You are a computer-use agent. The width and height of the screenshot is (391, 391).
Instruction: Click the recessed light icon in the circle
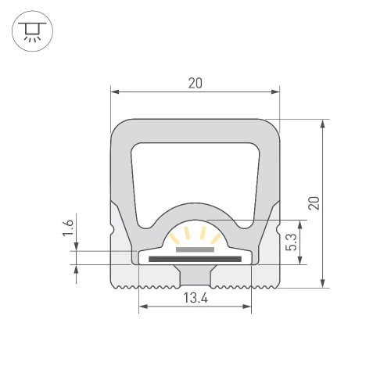pyautogui.click(x=32, y=32)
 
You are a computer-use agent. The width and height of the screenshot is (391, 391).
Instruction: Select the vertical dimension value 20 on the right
pyautogui.click(x=314, y=203)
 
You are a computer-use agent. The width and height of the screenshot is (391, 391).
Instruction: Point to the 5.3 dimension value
pyautogui.click(x=290, y=241)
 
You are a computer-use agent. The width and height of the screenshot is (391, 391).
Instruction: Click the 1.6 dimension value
pyautogui.click(x=68, y=229)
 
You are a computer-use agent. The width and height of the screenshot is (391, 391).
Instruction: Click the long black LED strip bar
pyautogui.click(x=195, y=257)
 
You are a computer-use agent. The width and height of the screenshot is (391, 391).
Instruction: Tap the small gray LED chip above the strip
pyautogui.click(x=195, y=249)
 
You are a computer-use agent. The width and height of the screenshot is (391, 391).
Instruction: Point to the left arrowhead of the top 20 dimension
pyautogui.click(x=114, y=92)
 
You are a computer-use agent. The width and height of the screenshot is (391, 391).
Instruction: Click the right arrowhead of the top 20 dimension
pyautogui.click(x=276, y=92)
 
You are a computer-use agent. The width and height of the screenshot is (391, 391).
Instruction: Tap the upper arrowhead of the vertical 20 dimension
pyautogui.click(x=323, y=123)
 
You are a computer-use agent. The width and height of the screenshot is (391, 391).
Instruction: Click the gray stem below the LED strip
pyautogui.click(x=195, y=274)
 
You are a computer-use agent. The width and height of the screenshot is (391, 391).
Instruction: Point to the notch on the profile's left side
pyautogui.click(x=114, y=231)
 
